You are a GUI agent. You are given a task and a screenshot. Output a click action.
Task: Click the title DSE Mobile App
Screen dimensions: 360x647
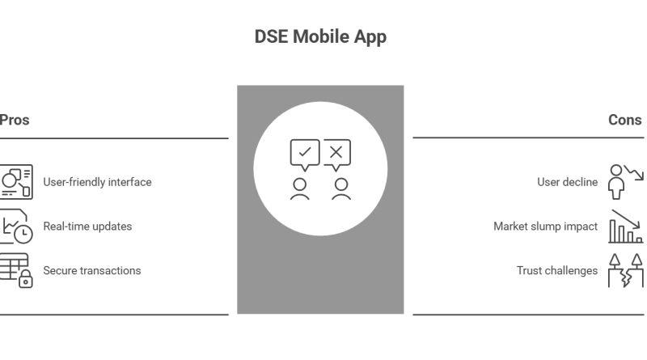(x=320, y=37)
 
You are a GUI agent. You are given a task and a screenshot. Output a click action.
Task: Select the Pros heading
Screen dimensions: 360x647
(x=15, y=120)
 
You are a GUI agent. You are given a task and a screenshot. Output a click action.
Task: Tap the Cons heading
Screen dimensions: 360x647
(x=624, y=120)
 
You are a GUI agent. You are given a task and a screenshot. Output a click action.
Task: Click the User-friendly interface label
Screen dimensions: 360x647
(x=97, y=182)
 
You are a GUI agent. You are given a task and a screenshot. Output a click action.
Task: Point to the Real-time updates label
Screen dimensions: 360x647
(x=87, y=227)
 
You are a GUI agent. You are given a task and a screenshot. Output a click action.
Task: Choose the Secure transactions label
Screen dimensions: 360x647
(x=91, y=271)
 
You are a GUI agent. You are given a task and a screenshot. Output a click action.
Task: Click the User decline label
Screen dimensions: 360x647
(x=567, y=182)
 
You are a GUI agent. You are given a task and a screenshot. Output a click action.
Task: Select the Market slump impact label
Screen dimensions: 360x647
(x=546, y=227)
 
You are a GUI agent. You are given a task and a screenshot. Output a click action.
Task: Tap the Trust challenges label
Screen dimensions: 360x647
(x=557, y=271)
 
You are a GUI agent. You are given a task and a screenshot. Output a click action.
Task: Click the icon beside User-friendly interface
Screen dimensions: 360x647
(x=15, y=182)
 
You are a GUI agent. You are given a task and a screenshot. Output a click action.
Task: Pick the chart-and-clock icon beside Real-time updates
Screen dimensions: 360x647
(x=15, y=227)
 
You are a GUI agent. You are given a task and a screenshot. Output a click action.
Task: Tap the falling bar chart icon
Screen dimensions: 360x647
(x=626, y=227)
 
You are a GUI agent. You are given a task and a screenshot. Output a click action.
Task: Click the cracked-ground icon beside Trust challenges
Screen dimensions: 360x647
(x=626, y=271)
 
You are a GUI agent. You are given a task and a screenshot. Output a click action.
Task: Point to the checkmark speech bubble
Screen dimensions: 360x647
(x=304, y=154)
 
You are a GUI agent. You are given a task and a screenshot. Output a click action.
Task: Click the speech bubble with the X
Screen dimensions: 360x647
(x=336, y=154)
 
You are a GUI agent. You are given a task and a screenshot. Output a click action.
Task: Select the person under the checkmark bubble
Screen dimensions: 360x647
(x=300, y=188)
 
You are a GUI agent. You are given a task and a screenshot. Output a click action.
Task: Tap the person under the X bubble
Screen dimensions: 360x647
(x=341, y=188)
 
